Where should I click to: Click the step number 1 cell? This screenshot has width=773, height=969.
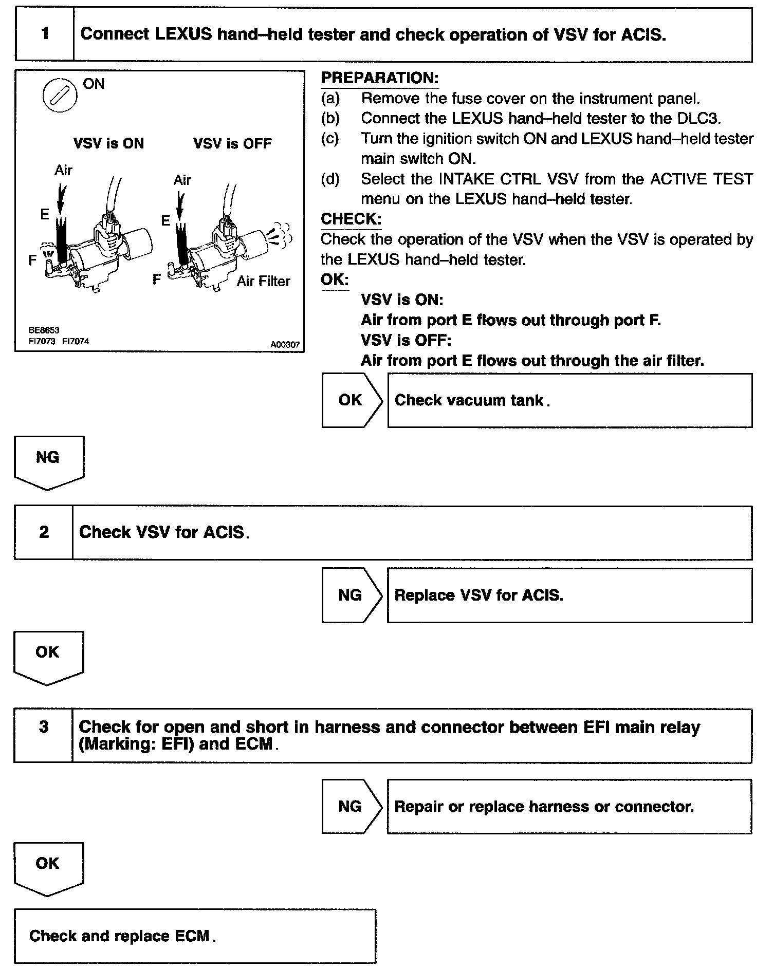click(x=45, y=34)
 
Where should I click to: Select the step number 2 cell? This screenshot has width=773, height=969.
click(x=44, y=532)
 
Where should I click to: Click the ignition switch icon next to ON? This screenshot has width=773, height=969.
click(x=60, y=96)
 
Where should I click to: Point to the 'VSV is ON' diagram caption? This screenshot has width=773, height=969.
click(x=108, y=143)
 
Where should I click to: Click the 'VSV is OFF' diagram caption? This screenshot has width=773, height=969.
click(x=232, y=143)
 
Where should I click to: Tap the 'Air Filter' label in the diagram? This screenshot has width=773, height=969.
click(x=263, y=281)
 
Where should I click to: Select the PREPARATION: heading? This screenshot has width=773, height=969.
click(x=379, y=78)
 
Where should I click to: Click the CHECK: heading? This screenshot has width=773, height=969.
click(x=351, y=219)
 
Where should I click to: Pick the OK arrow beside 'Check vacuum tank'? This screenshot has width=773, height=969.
click(x=352, y=400)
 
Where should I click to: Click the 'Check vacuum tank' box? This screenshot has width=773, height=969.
click(x=569, y=400)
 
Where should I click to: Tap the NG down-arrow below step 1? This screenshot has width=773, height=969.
click(x=48, y=460)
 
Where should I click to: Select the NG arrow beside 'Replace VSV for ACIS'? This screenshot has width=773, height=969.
click(x=352, y=595)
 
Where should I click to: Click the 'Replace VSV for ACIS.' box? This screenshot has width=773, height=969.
click(x=569, y=595)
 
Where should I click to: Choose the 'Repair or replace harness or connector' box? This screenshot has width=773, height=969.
click(x=569, y=806)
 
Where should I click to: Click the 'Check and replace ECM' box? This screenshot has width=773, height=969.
click(x=195, y=936)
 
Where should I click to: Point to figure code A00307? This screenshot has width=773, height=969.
click(x=285, y=345)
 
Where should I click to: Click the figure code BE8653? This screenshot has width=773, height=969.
click(x=44, y=330)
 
